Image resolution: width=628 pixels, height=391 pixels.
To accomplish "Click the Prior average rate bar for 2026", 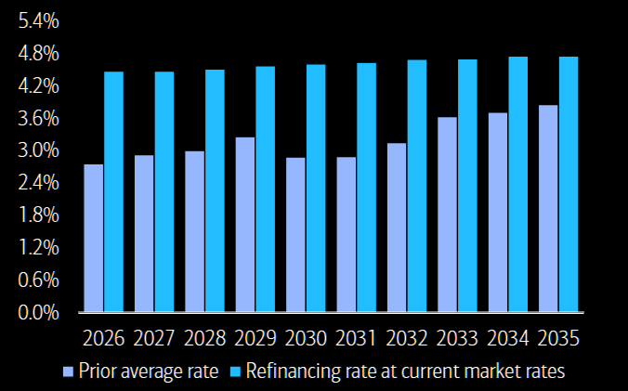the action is click(93, 238).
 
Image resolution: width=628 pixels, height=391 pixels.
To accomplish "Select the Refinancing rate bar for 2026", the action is click(113, 191).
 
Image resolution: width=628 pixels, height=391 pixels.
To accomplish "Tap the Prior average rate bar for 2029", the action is click(245, 225).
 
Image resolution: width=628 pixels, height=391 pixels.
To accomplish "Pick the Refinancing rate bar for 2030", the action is click(316, 189).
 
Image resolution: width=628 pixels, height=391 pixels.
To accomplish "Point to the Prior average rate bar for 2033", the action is click(447, 215).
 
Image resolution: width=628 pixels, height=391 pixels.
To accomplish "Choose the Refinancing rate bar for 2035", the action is click(569, 184).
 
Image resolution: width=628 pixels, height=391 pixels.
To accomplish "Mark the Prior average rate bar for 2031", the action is click(346, 234).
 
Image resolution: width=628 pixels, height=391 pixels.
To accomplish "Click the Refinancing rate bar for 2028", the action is click(216, 190).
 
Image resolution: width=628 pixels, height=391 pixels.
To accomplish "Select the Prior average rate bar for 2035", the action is click(548, 209).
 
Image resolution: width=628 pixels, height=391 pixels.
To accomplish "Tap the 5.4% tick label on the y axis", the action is click(38, 20).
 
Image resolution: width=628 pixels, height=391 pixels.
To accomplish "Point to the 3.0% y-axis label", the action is click(38, 150).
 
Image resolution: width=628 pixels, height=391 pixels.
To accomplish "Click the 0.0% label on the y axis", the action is click(38, 312).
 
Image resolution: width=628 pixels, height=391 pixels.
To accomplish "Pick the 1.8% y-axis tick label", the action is click(38, 215).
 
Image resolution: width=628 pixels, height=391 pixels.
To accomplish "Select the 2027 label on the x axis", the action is click(154, 338).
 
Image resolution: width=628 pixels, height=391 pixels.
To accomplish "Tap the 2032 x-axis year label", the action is click(407, 338).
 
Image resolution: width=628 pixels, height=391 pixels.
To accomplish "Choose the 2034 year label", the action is click(508, 338).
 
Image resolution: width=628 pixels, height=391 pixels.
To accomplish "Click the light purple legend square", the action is click(69, 372).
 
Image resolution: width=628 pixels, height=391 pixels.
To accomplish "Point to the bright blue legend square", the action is click(236, 372).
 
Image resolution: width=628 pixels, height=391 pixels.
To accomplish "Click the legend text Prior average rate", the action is click(149, 371).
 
